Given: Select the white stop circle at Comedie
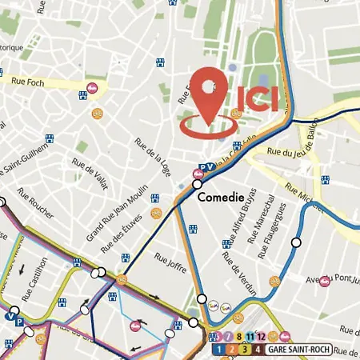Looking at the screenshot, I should click(x=198, y=183).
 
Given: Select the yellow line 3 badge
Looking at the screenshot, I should click(x=244, y=350).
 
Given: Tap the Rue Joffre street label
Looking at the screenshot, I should click(x=170, y=260).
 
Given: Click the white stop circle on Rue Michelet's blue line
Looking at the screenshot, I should click(x=297, y=242).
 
